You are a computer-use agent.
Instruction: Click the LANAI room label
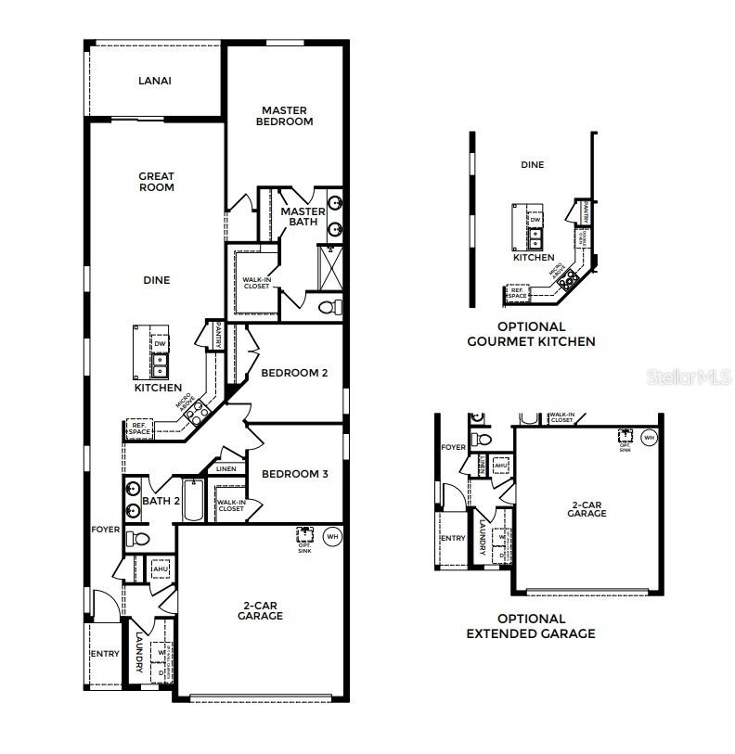pyautogui.click(x=155, y=81)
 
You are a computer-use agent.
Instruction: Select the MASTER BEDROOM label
pyautogui.click(x=285, y=116)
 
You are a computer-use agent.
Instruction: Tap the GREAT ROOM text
pyautogui.click(x=156, y=182)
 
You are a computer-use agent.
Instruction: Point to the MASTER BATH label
pyautogui.click(x=303, y=217)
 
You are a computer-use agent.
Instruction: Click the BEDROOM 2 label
pyautogui.click(x=294, y=374)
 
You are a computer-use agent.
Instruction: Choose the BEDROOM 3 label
pyautogui.click(x=294, y=474)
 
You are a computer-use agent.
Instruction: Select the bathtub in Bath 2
pyautogui.click(x=193, y=501)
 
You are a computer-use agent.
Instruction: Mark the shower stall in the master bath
pyautogui.click(x=330, y=265)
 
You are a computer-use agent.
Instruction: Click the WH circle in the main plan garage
pyautogui.click(x=332, y=535)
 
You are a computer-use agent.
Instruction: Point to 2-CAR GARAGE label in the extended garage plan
pyautogui.click(x=587, y=508)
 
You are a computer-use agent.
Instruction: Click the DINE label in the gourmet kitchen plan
pyautogui.click(x=532, y=165)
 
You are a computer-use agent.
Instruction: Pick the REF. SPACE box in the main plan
pyautogui.click(x=139, y=428)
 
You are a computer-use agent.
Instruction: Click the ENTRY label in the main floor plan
pyautogui.click(x=105, y=654)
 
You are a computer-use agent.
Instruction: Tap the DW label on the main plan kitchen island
pyautogui.click(x=160, y=344)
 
